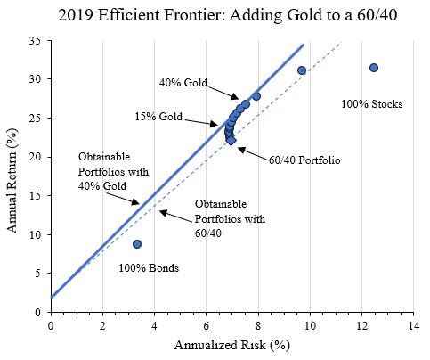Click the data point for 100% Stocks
coord(374,68)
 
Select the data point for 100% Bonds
coord(137,244)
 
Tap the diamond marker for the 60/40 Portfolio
coord(231,140)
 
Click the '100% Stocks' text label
coord(371,105)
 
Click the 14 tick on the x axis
coord(413,326)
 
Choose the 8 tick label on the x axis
coord(258,326)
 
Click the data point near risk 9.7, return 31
coord(301,70)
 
